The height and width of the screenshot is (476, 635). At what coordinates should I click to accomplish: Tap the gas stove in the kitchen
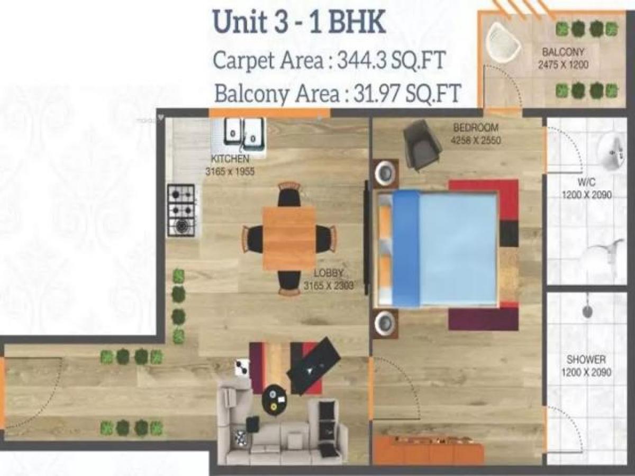tap(182, 210)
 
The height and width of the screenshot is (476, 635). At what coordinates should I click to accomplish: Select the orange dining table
tap(289, 238)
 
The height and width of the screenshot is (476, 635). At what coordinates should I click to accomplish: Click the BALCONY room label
tap(563, 52)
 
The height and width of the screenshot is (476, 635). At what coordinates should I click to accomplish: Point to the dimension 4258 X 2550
tap(476, 141)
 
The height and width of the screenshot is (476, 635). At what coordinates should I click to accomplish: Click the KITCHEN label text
tap(230, 159)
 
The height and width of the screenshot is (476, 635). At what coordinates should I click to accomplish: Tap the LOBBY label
tap(329, 273)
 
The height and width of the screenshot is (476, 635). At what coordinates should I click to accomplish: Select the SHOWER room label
tap(586, 360)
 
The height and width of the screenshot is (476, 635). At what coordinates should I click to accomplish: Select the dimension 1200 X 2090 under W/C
tap(586, 195)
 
